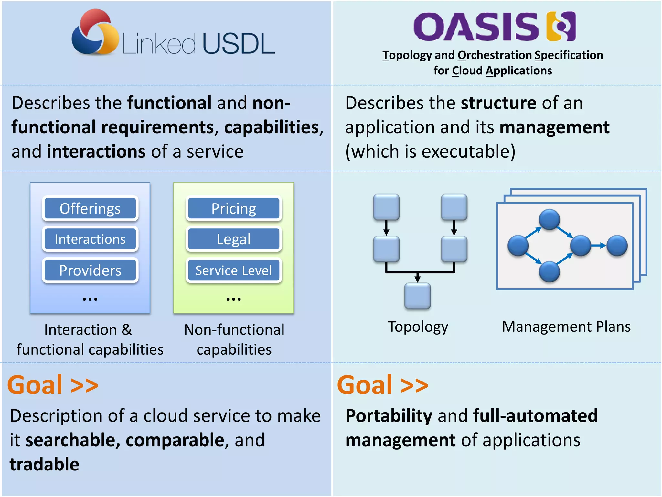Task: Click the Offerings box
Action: pyautogui.click(x=90, y=208)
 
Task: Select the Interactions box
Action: pyautogui.click(x=90, y=239)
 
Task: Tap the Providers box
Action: pyautogui.click(x=90, y=270)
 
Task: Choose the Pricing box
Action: pyautogui.click(x=234, y=208)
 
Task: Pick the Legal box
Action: pyautogui.click(x=234, y=239)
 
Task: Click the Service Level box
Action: pyautogui.click(x=234, y=270)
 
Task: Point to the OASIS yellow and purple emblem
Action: pyautogui.click(x=561, y=26)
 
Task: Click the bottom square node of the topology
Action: pyautogui.click(x=417, y=296)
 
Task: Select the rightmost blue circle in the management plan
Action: pyautogui.click(x=617, y=246)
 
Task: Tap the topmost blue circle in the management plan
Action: pyautogui.click(x=549, y=219)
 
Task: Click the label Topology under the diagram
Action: pyautogui.click(x=418, y=326)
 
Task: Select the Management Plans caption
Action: pyautogui.click(x=566, y=326)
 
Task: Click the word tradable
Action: pyautogui.click(x=44, y=464)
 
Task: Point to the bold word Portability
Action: pyautogui.click(x=389, y=416)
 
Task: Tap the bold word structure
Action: pyautogui.click(x=498, y=103)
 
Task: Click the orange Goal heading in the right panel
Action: pyautogui.click(x=382, y=385)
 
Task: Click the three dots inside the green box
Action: pyautogui.click(x=233, y=299)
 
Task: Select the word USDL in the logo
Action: pyautogui.click(x=239, y=44)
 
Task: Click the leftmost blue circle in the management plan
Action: pyautogui.click(x=518, y=246)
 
